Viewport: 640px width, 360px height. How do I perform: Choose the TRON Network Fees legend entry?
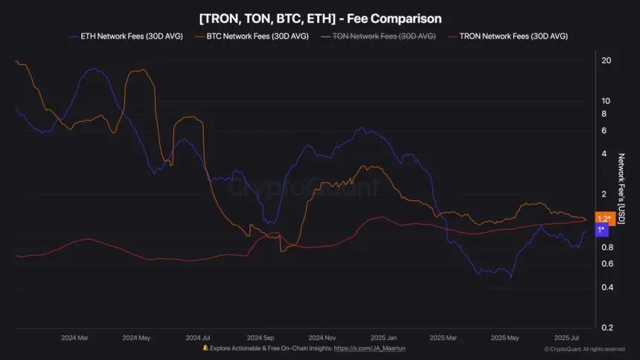click(x=513, y=36)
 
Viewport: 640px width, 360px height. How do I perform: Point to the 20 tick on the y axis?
click(x=606, y=60)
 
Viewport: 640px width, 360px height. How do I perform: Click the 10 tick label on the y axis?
click(x=606, y=100)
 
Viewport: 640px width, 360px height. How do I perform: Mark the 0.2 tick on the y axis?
click(x=606, y=328)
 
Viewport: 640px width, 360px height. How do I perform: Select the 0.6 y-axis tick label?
click(x=606, y=264)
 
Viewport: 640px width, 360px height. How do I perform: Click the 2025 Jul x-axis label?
click(x=567, y=337)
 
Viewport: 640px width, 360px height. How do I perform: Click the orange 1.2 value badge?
click(x=604, y=219)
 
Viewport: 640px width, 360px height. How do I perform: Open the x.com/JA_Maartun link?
click(x=374, y=348)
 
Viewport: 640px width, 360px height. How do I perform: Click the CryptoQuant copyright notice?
click(x=584, y=349)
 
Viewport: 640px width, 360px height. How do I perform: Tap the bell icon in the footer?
click(x=205, y=348)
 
